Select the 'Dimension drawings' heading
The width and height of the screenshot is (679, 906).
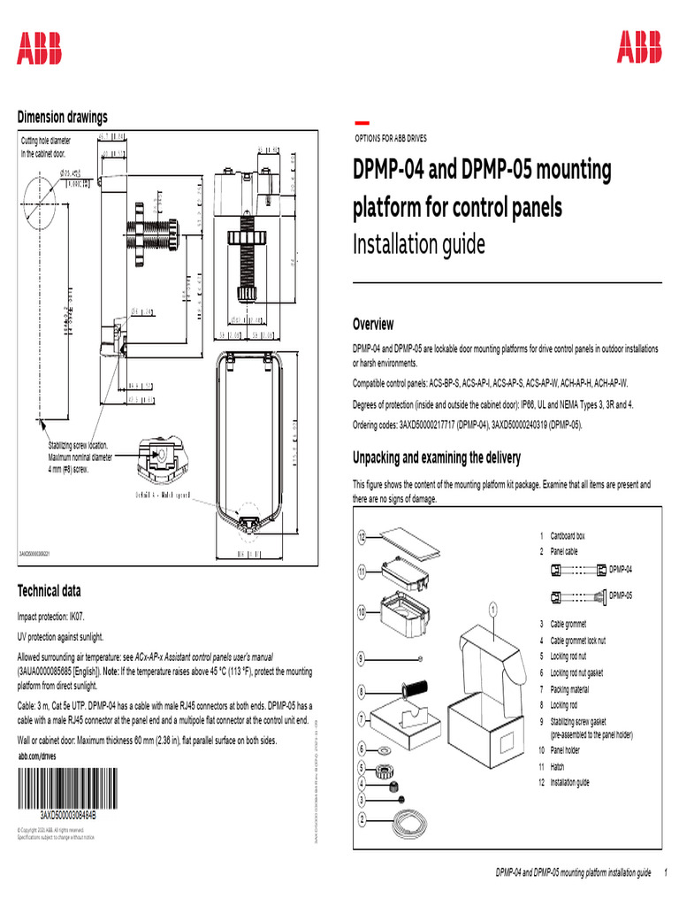[63, 117]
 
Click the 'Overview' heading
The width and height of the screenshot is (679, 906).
[373, 325]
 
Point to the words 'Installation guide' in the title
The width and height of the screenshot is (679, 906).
[419, 243]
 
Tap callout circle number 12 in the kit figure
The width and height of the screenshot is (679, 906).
[362, 537]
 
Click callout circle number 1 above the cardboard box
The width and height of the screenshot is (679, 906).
[492, 608]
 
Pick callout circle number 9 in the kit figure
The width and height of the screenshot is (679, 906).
[362, 657]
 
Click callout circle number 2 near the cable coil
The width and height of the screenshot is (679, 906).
[362, 819]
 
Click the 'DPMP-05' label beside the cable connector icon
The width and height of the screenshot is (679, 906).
[622, 595]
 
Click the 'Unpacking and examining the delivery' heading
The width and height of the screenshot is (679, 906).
[436, 457]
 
